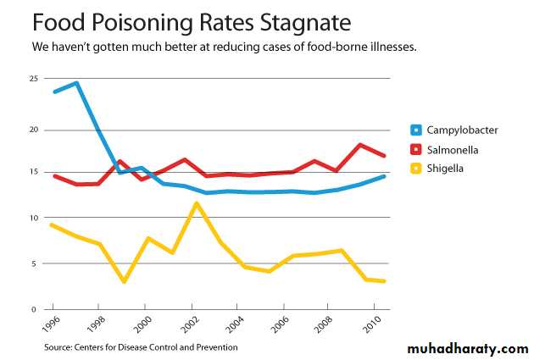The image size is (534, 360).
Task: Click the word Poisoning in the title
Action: tap(129, 20)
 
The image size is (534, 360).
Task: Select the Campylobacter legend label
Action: tap(462, 130)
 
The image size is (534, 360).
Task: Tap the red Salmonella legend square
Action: tap(415, 149)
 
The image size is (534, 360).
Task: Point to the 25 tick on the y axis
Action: tap(33, 79)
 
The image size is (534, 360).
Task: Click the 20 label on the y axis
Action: tap(33, 130)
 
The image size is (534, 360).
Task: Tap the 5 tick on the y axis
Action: tap(35, 263)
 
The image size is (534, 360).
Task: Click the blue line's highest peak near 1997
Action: tap(76, 83)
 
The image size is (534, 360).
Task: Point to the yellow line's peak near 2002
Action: tap(197, 202)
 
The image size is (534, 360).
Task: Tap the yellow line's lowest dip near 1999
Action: tap(125, 281)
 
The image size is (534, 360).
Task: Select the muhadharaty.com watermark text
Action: tap(467, 348)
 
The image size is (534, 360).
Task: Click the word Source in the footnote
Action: tap(60, 346)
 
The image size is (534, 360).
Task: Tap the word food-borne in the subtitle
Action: tap(342, 47)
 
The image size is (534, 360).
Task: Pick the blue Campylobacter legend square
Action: tap(415, 130)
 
